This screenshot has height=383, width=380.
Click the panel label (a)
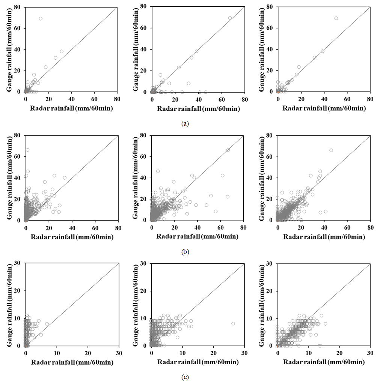[184, 123]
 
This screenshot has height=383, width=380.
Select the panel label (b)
[184, 252]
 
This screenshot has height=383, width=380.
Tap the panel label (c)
[184, 377]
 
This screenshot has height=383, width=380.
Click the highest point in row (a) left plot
[41, 18]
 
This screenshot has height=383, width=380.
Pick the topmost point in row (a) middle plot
[230, 18]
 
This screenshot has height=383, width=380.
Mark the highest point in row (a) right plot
[336, 18]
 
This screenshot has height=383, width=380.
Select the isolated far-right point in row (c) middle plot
[233, 323]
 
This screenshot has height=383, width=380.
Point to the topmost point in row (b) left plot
[27, 150]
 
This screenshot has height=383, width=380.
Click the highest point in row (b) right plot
[331, 150]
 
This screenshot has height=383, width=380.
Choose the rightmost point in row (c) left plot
[47, 323]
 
